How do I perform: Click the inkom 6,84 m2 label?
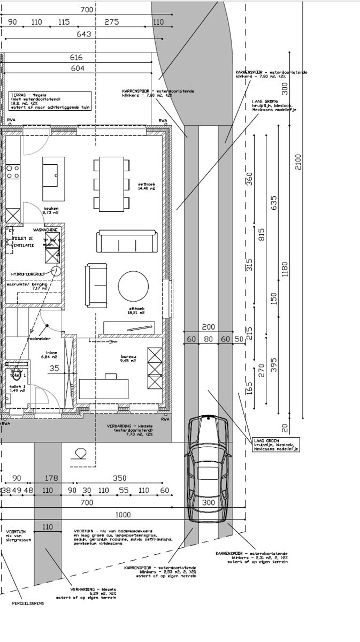coord(52,355)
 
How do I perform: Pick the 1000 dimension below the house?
coord(123,515)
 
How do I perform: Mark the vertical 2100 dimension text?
coord(298,162)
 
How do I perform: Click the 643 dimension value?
coord(85,34)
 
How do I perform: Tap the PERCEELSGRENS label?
coord(28,602)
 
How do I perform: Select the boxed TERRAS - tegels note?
coord(50,100)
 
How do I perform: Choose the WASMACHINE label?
coord(45,230)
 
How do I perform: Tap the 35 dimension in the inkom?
coord(54,368)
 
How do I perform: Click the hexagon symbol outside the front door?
coord(81,453)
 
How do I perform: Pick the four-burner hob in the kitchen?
coord(13,172)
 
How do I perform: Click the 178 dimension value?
coord(51,478)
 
